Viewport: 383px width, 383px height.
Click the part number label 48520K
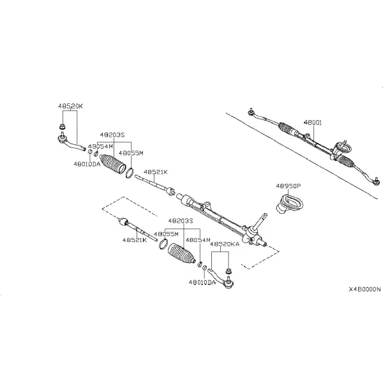tap(70, 106)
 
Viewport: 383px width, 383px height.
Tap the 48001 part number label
tap(313, 123)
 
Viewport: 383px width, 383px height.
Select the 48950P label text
tap(289, 186)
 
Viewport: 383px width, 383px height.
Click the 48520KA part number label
tap(225, 244)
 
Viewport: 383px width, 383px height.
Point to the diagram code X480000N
tap(364, 289)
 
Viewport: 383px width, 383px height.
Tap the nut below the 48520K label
tap(63, 127)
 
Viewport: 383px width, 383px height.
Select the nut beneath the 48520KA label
tap(229, 271)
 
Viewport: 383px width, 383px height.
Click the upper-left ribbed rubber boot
tap(113, 163)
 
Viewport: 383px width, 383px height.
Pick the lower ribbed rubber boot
tap(182, 253)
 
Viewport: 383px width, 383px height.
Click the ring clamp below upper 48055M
tap(130, 173)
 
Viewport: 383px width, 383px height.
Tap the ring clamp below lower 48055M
tap(163, 244)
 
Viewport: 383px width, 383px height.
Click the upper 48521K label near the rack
tap(156, 172)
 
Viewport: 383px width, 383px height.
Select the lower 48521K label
tap(135, 240)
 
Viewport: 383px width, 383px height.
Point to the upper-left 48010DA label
tap(87, 164)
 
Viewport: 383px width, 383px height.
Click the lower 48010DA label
tap(202, 282)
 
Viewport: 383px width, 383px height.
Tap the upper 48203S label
tap(112, 135)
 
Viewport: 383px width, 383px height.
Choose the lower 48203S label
tap(181, 221)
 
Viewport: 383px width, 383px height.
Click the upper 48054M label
tap(101, 146)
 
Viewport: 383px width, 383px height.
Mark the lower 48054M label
tap(198, 240)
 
